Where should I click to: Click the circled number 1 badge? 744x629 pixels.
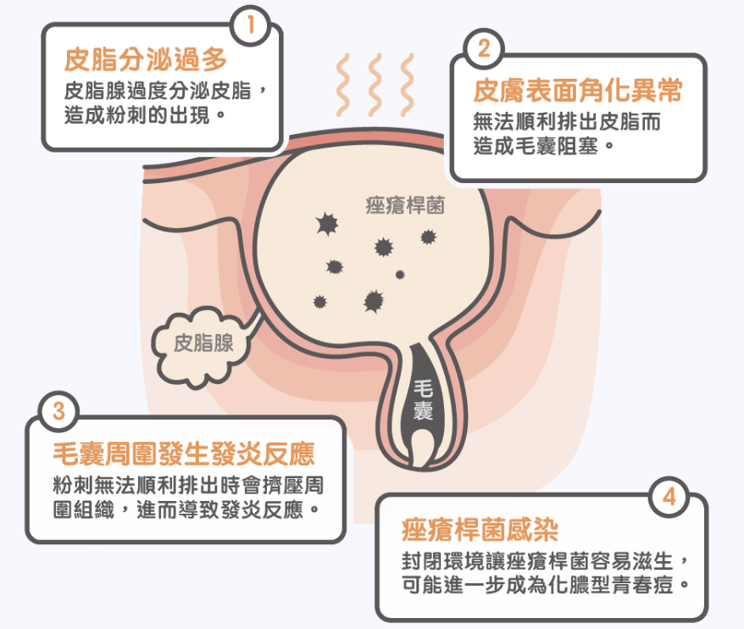click(251, 25)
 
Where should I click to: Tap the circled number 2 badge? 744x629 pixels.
click(484, 48)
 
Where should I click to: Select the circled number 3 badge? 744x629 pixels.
click(58, 411)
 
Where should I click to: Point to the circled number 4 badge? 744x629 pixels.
click(669, 497)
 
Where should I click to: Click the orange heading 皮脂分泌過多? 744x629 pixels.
click(146, 60)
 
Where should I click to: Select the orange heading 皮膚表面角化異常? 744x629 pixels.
click(578, 90)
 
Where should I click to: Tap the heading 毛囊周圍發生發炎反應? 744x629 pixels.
click(184, 454)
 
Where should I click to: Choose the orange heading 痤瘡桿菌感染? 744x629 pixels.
click(480, 530)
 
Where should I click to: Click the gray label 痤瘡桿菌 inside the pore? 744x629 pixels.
click(405, 205)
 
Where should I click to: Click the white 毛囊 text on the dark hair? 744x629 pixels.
click(423, 400)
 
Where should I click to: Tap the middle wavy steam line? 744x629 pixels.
click(375, 85)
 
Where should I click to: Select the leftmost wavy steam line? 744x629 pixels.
click(343, 85)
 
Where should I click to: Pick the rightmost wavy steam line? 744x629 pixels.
click(407, 85)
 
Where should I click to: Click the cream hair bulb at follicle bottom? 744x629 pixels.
click(422, 448)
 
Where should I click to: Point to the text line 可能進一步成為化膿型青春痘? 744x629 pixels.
click(545, 584)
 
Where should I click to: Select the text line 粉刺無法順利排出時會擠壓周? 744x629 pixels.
click(188, 485)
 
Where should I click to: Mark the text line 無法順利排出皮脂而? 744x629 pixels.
click(567, 121)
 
